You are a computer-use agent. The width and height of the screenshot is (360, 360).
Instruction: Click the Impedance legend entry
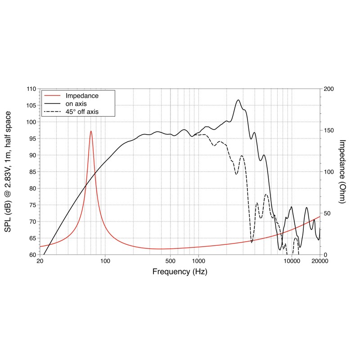tap(82, 96)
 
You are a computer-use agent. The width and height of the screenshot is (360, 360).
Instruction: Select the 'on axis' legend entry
tap(77, 103)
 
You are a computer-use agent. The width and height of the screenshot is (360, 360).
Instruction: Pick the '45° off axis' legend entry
tap(82, 111)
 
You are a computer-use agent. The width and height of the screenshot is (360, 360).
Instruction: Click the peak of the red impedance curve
tap(91, 131)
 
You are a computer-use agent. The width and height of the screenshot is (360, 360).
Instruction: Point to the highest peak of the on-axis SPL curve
tap(238, 100)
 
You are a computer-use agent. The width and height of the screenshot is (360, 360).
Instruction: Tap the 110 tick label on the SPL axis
tap(31, 89)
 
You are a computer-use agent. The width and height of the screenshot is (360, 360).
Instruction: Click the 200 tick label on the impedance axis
tap(329, 89)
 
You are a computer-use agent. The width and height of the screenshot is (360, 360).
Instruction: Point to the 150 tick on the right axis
tap(329, 130)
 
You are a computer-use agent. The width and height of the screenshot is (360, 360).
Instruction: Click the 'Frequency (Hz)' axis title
tap(180, 272)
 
